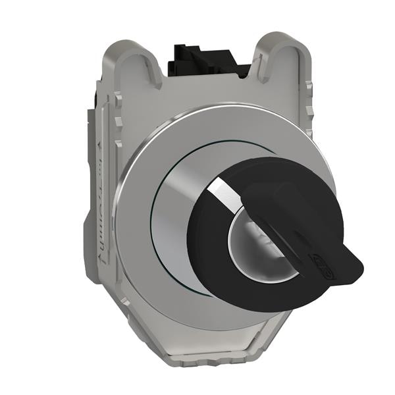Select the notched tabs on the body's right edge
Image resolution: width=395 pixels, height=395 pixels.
[308, 118]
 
